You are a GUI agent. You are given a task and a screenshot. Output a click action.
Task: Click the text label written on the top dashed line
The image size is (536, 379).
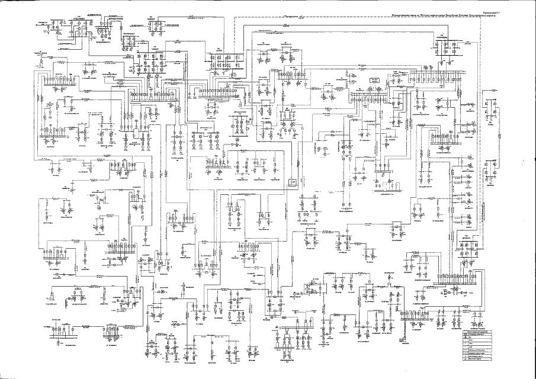pos(294,18)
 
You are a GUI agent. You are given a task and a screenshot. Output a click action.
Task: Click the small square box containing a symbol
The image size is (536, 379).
pos(292,183)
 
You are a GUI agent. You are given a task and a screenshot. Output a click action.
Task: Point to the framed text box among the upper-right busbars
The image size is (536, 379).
pos(374,79)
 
